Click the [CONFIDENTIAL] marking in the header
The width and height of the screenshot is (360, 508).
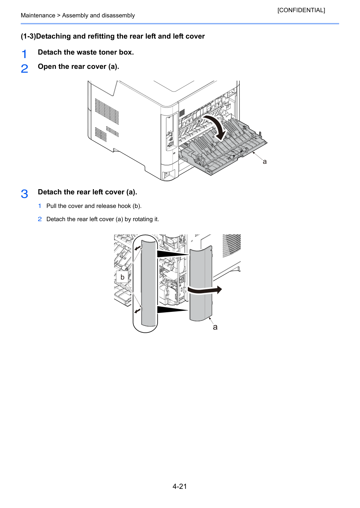pyautogui.click(x=301, y=10)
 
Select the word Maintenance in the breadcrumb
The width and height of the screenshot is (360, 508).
pyautogui.click(x=38, y=15)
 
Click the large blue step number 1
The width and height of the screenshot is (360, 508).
pyautogui.click(x=24, y=54)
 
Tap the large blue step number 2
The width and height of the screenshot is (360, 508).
pyautogui.click(x=24, y=68)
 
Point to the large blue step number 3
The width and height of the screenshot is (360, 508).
pyautogui.click(x=24, y=194)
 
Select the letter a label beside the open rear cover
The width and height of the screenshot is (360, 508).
pyautogui.click(x=264, y=162)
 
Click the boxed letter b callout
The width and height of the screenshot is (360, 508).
pyautogui.click(x=122, y=277)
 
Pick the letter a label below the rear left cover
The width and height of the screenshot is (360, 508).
pyautogui.click(x=215, y=327)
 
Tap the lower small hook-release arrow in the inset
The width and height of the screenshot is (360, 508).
pyautogui.click(x=137, y=311)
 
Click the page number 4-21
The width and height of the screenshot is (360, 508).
pyautogui.click(x=180, y=486)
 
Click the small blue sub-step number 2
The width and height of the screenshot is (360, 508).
pyautogui.click(x=40, y=219)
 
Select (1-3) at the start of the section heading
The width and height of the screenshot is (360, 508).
pyautogui.click(x=29, y=36)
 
